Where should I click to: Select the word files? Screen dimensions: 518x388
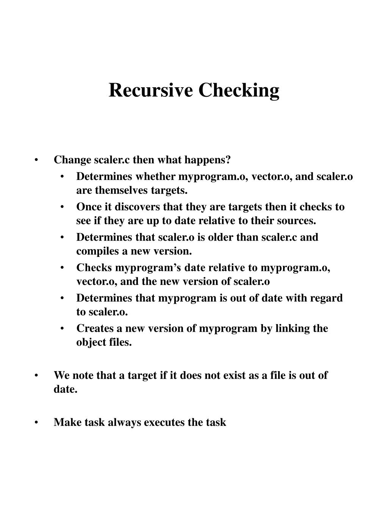tap(120, 342)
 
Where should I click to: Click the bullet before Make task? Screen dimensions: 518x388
tap(36, 422)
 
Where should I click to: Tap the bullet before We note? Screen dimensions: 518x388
tap(36, 376)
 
